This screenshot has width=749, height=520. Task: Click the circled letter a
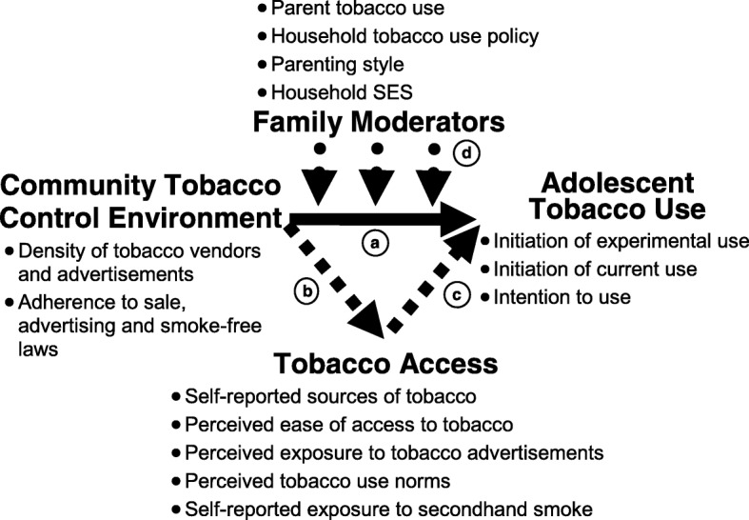coord(374,243)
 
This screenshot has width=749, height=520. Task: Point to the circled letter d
coord(467,152)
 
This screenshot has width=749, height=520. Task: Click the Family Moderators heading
coord(378,122)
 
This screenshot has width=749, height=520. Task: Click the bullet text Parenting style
coord(337,65)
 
